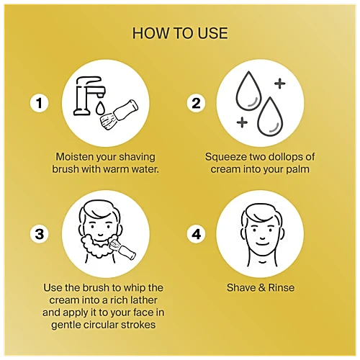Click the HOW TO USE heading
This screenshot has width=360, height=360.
(x=180, y=33)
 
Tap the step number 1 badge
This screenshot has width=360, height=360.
(x=39, y=103)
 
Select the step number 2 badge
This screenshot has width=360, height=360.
(x=196, y=103)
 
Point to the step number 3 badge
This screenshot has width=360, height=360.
(x=39, y=234)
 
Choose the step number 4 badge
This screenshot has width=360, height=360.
(x=196, y=234)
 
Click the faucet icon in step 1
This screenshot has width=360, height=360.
(x=89, y=96)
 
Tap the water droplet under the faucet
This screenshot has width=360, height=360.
(x=100, y=108)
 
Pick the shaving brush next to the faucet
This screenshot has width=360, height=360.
(x=119, y=113)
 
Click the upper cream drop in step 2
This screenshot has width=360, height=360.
(x=248, y=92)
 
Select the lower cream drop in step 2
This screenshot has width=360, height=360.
(x=270, y=117)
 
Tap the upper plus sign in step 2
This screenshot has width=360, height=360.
(x=280, y=84)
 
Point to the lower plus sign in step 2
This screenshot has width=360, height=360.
(x=242, y=122)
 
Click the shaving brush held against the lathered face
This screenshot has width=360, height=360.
(x=122, y=250)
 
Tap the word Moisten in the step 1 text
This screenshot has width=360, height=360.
(x=75, y=157)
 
